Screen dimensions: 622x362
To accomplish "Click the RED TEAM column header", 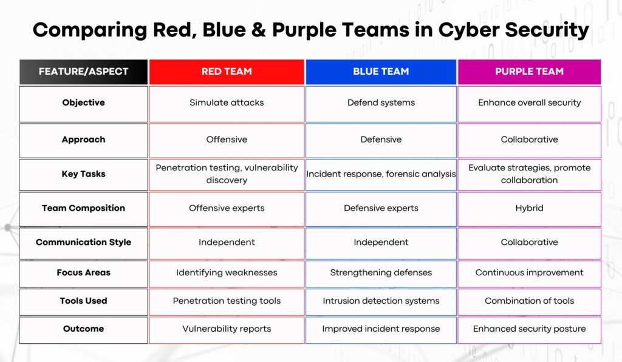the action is tap(227, 72).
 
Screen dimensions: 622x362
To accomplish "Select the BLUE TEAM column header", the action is tap(381, 72).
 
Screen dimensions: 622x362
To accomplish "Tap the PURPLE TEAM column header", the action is tap(529, 72).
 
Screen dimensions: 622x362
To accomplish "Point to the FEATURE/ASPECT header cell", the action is tap(83, 72).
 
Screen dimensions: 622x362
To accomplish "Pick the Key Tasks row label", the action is tap(83, 175).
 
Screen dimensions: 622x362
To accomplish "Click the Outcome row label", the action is tap(83, 329).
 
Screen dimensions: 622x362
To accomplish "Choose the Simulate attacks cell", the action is tap(227, 104).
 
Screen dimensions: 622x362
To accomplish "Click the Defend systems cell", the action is tap(381, 104).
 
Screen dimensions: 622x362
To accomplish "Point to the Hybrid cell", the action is tap(529, 209).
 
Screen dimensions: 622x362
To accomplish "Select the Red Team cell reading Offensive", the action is tap(227, 141).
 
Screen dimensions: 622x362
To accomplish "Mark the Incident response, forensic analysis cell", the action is tap(381, 175).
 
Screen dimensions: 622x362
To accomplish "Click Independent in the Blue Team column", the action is tap(381, 243).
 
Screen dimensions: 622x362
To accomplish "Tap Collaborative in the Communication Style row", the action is tap(529, 243).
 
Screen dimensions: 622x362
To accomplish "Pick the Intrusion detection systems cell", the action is tap(381, 302).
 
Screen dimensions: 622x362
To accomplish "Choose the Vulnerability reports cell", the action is tap(227, 329).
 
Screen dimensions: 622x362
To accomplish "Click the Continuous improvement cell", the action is tap(529, 273).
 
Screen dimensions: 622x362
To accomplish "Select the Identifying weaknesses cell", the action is tap(227, 273).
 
